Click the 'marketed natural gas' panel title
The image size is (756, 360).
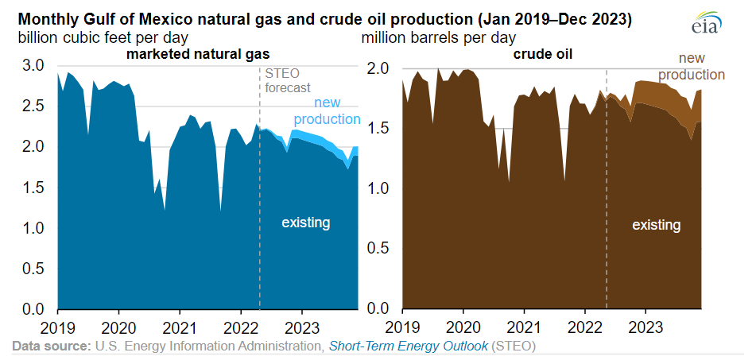tap(197, 54)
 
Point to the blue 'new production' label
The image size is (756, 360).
tap(328, 111)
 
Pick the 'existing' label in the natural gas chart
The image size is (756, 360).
tap(305, 223)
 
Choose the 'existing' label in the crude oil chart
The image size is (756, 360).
tap(656, 225)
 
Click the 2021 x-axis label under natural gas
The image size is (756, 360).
tap(180, 327)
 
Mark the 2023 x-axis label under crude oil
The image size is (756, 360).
tap(646, 327)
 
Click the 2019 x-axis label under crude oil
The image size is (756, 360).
tap(404, 327)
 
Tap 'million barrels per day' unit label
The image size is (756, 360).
tap(438, 37)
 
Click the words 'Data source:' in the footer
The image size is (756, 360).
tap(50, 346)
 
